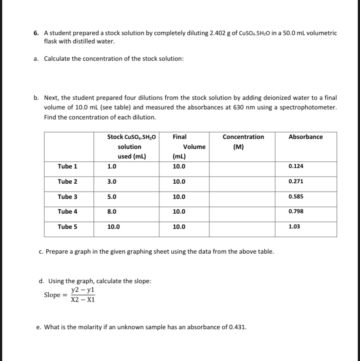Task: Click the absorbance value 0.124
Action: tap(296, 166)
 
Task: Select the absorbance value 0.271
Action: tap(296, 182)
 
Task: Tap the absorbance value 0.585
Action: tap(296, 197)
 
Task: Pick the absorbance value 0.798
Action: tap(296, 212)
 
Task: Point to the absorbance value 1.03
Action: tap(294, 227)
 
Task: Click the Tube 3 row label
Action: tap(67, 197)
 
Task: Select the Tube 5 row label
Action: tap(67, 227)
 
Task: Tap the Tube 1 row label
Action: tap(67, 166)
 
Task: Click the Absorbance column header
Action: tap(306, 137)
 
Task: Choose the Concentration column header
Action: tap(243, 137)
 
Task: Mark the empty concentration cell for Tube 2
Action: tap(242, 182)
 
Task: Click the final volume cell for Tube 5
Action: tap(179, 227)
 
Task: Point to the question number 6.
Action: tap(36, 33)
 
